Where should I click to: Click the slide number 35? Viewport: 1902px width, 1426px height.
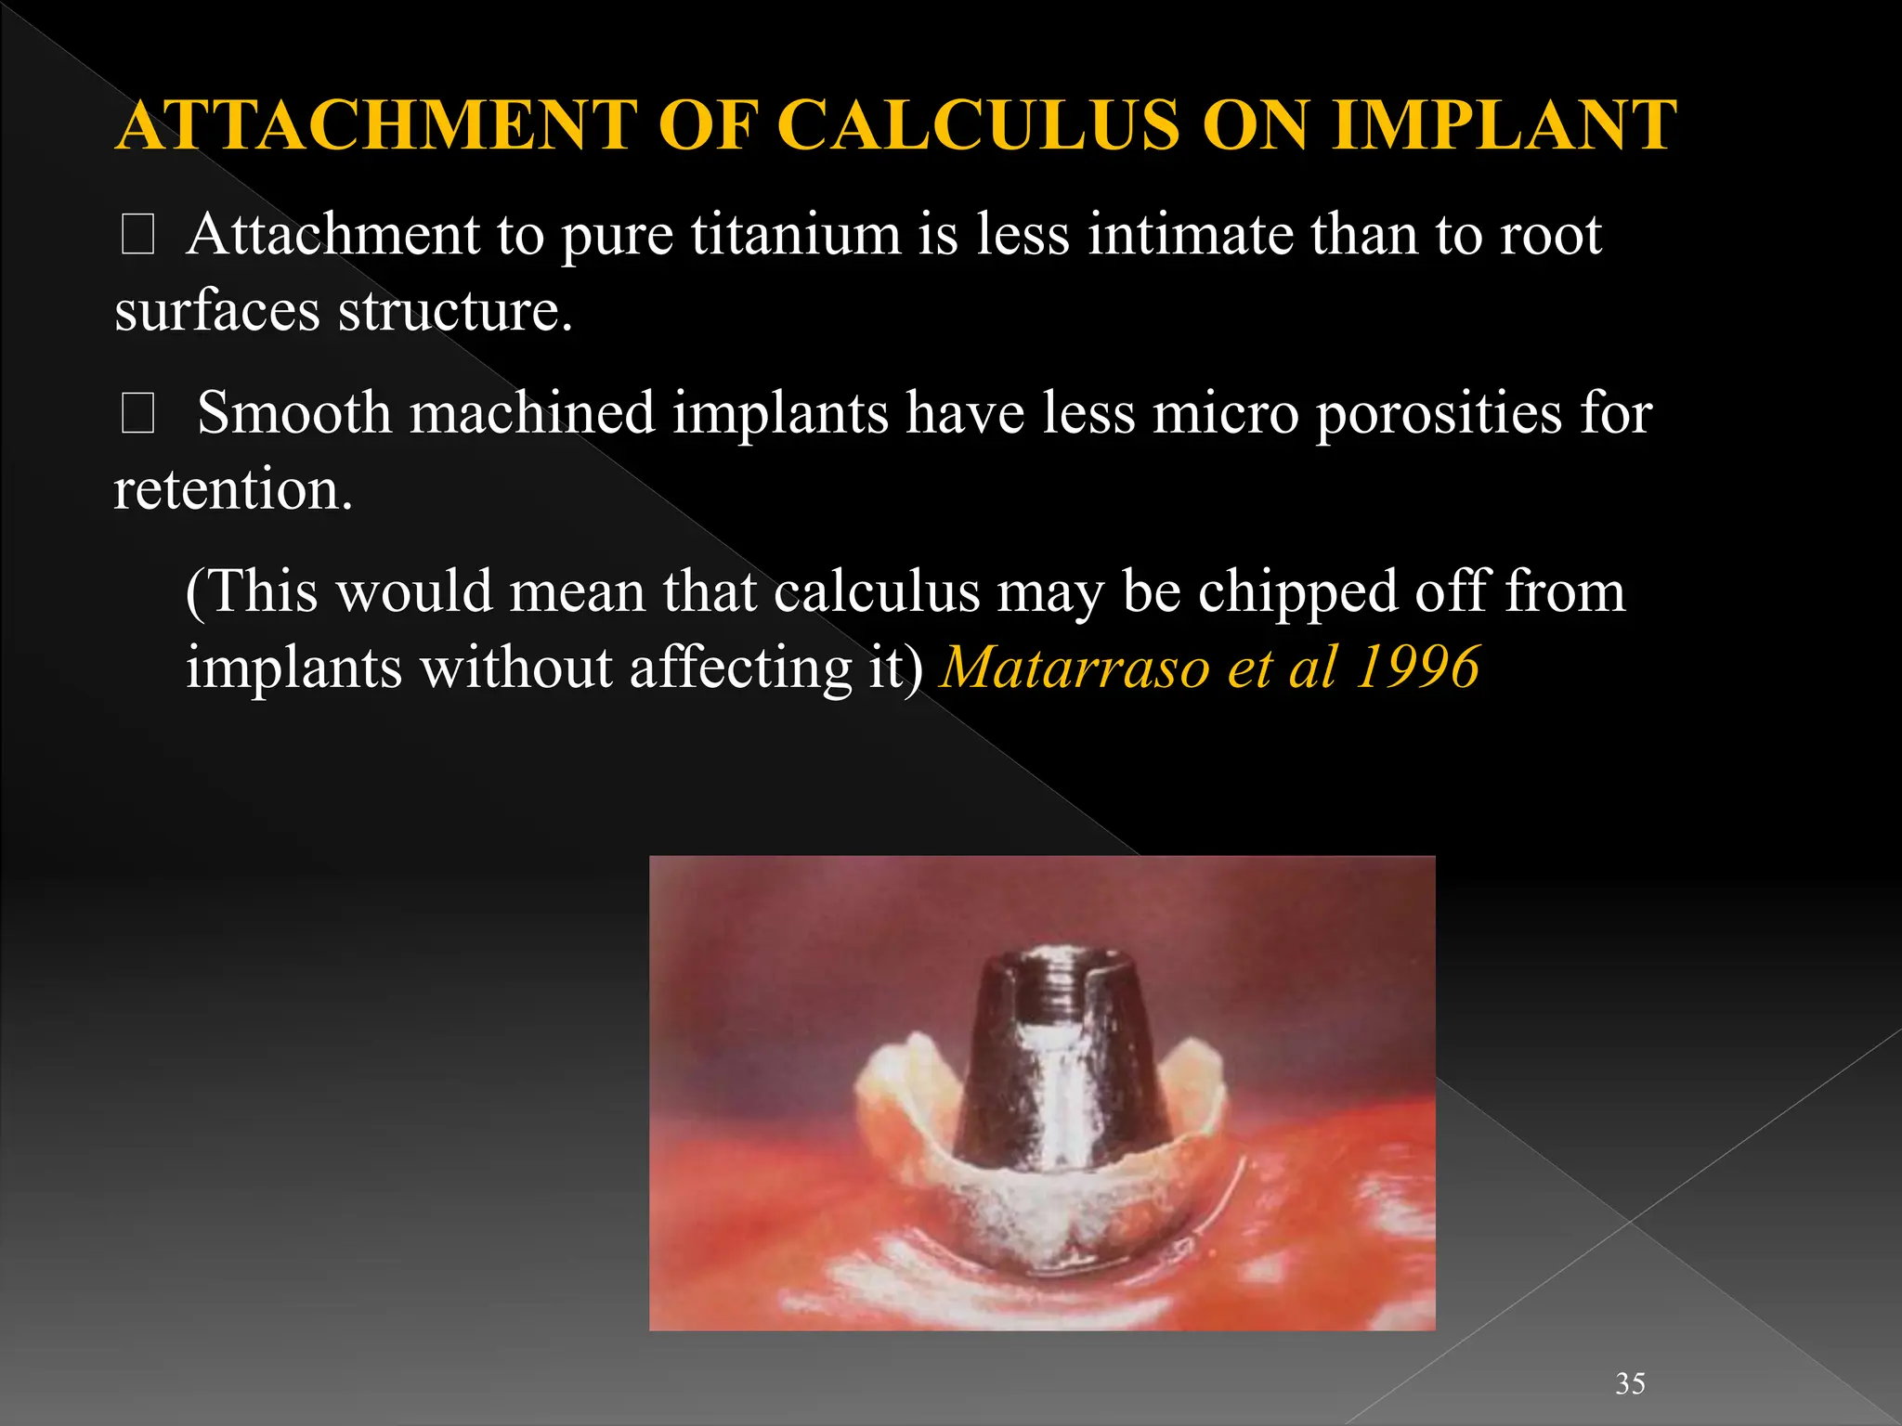1630,1383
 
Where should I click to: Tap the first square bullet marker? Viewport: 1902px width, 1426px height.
137,235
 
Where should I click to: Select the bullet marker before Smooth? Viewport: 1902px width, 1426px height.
137,414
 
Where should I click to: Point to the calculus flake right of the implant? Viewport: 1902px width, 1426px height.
1193,1086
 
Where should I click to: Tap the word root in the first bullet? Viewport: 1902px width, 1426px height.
1551,234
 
